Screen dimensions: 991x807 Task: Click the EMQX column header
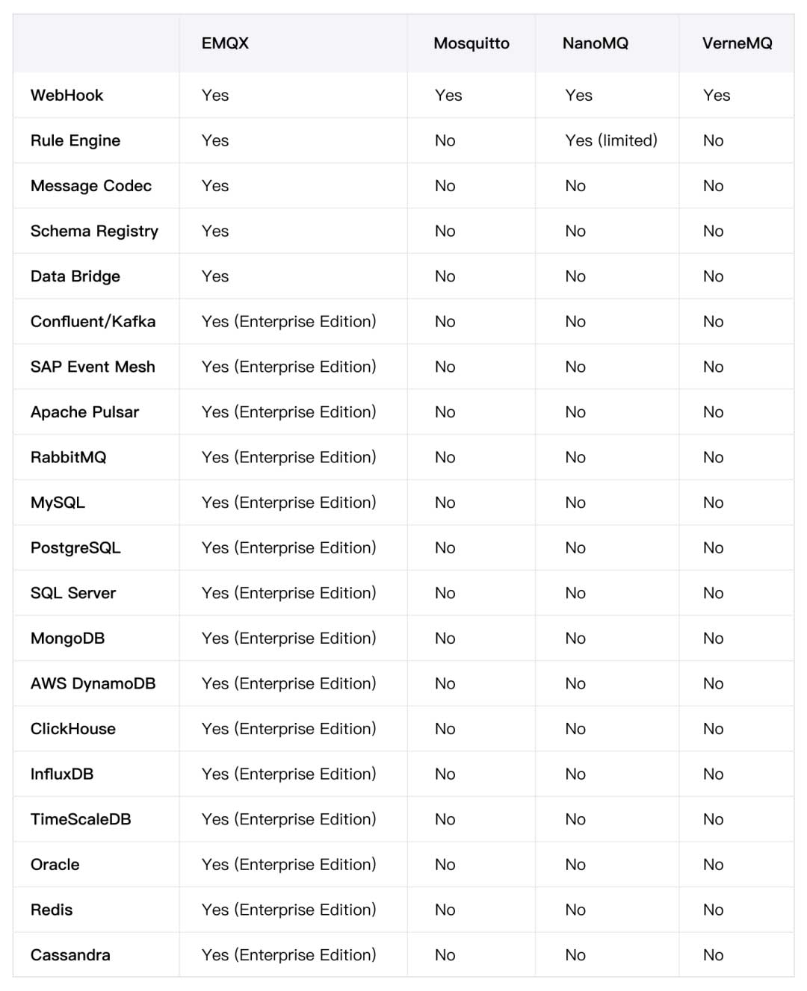225,43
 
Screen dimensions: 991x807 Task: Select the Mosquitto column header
471,43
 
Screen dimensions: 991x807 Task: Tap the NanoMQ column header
596,43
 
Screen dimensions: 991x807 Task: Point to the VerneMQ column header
737,43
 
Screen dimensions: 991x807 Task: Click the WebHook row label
67,96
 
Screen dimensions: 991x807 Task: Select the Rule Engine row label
75,141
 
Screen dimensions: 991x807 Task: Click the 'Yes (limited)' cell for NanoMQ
611,140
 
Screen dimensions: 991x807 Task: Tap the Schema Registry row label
94,232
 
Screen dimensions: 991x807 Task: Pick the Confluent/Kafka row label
93,322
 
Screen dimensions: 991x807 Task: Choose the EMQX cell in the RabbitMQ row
288,457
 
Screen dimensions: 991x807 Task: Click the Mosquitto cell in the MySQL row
445,503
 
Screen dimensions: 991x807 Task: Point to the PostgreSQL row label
75,548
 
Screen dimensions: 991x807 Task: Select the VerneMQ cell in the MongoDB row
714,639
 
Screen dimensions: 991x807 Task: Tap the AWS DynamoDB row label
93,683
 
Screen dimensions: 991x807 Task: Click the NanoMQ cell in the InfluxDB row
575,774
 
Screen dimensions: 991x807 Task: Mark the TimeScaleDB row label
81,819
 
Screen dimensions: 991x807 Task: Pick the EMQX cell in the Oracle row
288,865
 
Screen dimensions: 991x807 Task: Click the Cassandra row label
70,955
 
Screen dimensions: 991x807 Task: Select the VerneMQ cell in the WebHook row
717,96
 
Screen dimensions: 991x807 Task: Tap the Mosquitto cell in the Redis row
445,910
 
